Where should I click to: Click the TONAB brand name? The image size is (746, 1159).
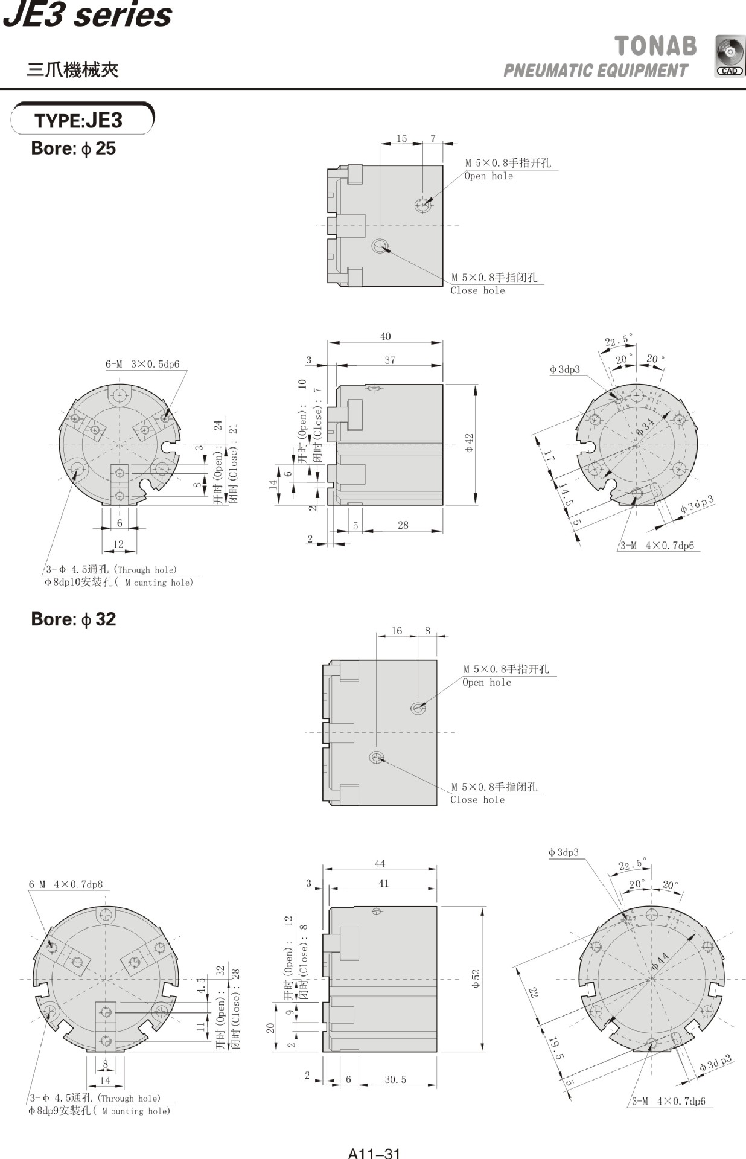[x=655, y=46]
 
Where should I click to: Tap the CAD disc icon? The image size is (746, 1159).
[x=730, y=56]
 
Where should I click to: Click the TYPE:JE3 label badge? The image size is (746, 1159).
[x=82, y=120]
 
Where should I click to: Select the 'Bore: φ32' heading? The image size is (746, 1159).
[x=73, y=619]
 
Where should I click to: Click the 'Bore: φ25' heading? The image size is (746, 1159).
[x=73, y=148]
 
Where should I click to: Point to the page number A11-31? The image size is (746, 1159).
[x=374, y=1153]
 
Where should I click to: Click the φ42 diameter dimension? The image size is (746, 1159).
[x=470, y=444]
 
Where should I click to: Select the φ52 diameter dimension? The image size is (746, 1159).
[x=476, y=979]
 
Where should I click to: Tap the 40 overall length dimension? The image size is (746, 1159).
[x=385, y=337]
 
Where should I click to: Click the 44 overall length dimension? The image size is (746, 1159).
[x=379, y=864]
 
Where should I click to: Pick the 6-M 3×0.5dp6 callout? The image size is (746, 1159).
[x=142, y=364]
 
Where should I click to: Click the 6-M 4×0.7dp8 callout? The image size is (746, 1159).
[x=66, y=884]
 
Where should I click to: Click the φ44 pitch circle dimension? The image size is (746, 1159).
[x=660, y=961]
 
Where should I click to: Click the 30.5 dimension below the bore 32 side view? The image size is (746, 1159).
[x=395, y=1079]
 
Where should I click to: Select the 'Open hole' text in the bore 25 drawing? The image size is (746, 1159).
[x=488, y=176]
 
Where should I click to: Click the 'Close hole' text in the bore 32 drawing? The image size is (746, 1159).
[x=477, y=800]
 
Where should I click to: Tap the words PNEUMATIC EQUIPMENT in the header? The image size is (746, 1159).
[x=595, y=71]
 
